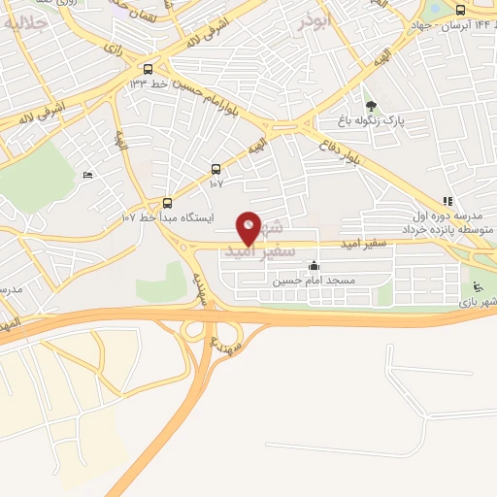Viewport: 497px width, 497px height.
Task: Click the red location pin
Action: coord(249,227)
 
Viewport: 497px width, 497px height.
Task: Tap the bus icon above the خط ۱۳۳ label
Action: coord(148,69)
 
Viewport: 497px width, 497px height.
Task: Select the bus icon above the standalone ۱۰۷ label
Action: coord(215,167)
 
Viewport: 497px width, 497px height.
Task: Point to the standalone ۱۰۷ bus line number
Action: coord(215,181)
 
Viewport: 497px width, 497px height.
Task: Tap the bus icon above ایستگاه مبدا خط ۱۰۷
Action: coord(167,203)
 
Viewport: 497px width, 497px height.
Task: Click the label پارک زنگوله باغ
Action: coord(369,119)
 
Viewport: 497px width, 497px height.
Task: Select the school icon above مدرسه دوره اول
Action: coord(447,200)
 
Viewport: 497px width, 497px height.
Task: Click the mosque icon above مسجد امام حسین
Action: coord(313,266)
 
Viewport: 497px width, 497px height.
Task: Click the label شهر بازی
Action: coord(478,303)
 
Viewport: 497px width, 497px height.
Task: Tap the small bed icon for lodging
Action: coord(88,175)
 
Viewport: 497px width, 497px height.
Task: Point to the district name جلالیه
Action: coord(25,21)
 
